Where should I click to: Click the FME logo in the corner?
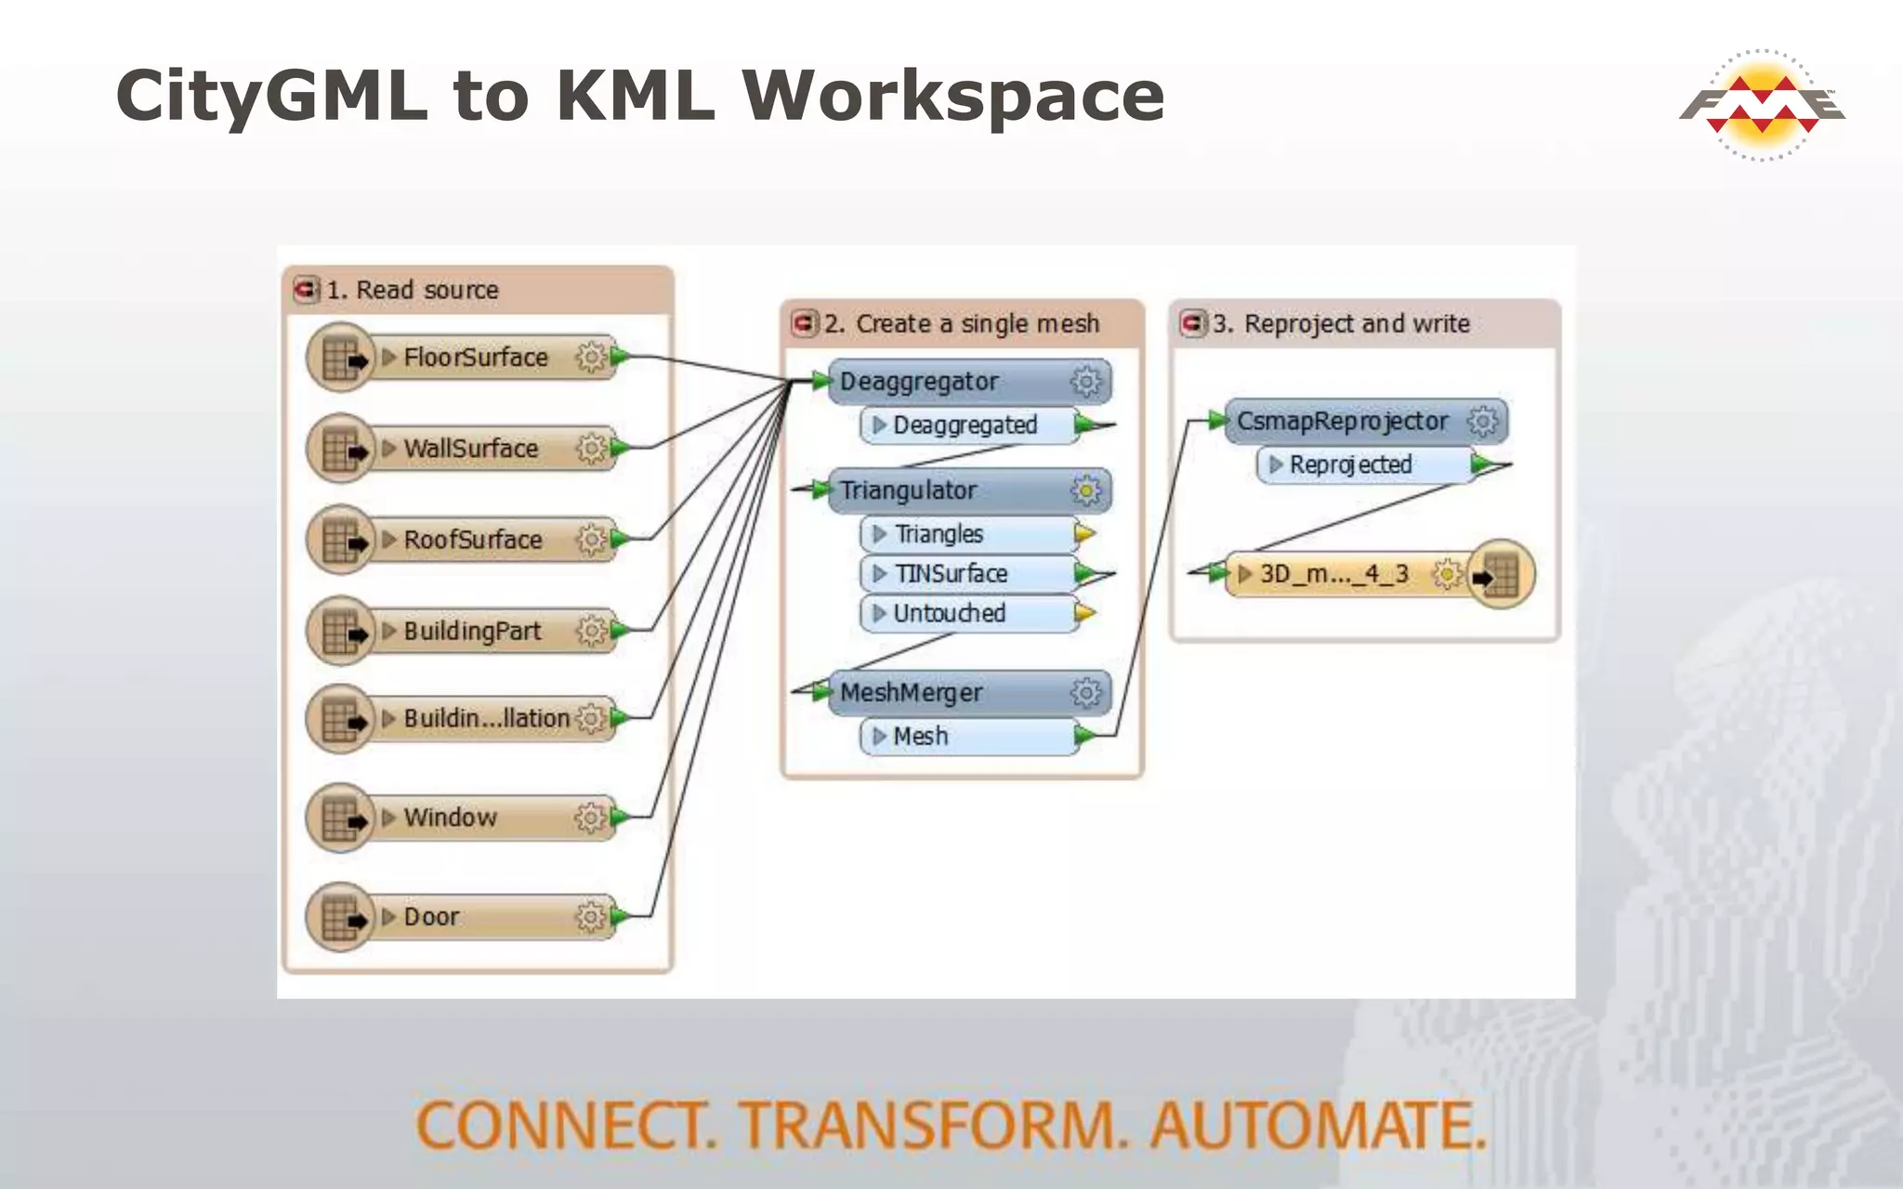click(1762, 105)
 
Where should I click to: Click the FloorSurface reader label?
click(475, 358)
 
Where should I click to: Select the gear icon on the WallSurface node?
click(590, 449)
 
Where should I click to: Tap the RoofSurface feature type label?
click(472, 540)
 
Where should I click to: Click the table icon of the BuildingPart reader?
click(341, 632)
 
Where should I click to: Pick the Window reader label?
click(450, 817)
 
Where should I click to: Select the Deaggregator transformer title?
click(918, 382)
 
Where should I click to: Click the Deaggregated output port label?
click(965, 425)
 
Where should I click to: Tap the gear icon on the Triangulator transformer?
click(1085, 490)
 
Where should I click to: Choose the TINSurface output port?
click(951, 574)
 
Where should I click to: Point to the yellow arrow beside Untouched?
click(1084, 613)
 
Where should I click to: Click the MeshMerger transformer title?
click(911, 693)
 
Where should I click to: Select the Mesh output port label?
click(920, 737)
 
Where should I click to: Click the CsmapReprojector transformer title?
click(1342, 422)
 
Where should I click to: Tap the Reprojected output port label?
click(1350, 464)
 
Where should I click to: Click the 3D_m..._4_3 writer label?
click(1333, 574)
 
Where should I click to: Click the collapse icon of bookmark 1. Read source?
click(306, 290)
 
